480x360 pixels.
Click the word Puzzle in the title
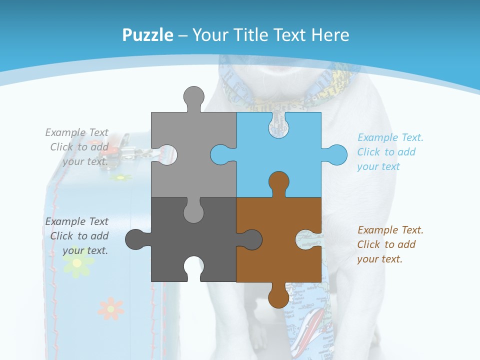[148, 35]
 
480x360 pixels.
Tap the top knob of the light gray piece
[194, 95]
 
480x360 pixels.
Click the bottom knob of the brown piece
[278, 298]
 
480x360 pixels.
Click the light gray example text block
[77, 147]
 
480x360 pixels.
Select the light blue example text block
[390, 152]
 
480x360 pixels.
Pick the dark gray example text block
[77, 236]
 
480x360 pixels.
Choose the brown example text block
[390, 244]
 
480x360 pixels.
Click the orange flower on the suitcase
[110, 308]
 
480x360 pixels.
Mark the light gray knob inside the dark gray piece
[194, 212]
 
